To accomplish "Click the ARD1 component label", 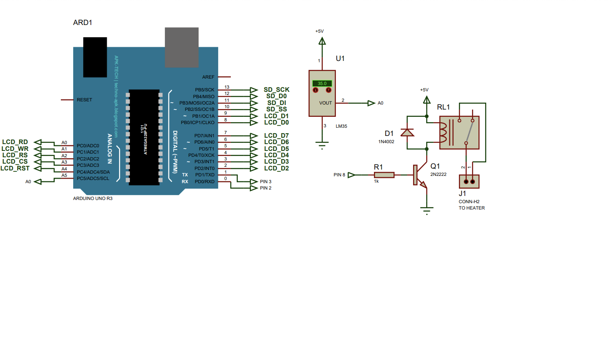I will (83, 22).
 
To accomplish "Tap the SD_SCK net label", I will (276, 90).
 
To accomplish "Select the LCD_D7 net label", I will (276, 135).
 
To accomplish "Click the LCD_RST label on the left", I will (15, 168).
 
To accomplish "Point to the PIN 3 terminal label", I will (265, 181).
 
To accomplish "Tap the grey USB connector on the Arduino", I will (181, 47).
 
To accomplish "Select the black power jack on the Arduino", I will (95, 57).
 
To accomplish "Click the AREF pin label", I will (209, 77).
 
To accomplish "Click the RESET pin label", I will (85, 100).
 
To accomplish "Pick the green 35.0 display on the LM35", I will (322, 84).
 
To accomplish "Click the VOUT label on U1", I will (325, 103).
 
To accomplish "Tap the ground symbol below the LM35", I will (322, 145).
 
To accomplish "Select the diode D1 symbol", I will (406, 132).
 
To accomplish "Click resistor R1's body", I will (384, 175).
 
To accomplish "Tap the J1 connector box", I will (468, 182).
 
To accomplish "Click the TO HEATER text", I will (471, 208).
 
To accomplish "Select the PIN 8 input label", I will (339, 175).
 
